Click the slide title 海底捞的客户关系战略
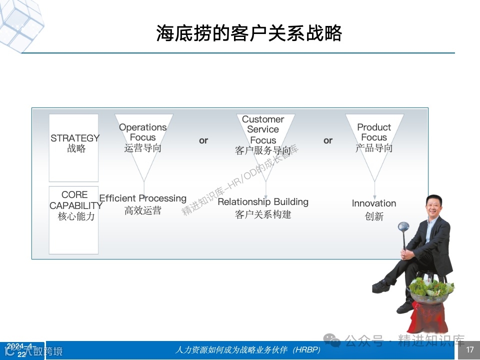248,34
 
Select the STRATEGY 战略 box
74,147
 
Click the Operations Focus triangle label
143,137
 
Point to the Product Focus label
374,137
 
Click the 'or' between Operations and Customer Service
203,140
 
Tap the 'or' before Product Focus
328,140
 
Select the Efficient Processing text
143,198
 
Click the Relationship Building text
263,202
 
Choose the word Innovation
374,203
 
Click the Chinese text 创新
374,216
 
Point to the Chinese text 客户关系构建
263,214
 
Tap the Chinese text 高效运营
143,211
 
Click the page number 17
469,350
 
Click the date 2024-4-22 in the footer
21,350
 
